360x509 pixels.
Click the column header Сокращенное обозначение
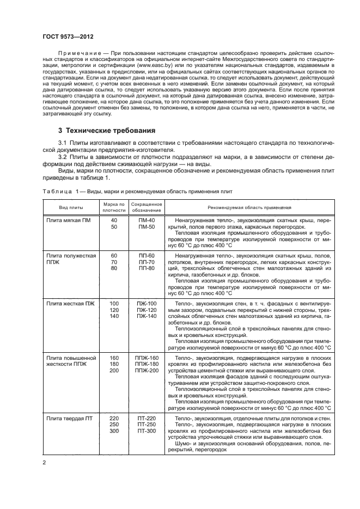click(146, 207)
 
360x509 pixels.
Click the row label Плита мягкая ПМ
click(69, 220)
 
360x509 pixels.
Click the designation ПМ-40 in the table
click(146, 220)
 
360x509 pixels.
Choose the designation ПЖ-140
click(146, 316)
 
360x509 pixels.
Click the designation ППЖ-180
click(146, 364)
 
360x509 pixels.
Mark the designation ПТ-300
click(146, 430)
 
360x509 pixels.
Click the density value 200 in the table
click(114, 371)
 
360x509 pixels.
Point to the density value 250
click(114, 424)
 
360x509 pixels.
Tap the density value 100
click(114, 303)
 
